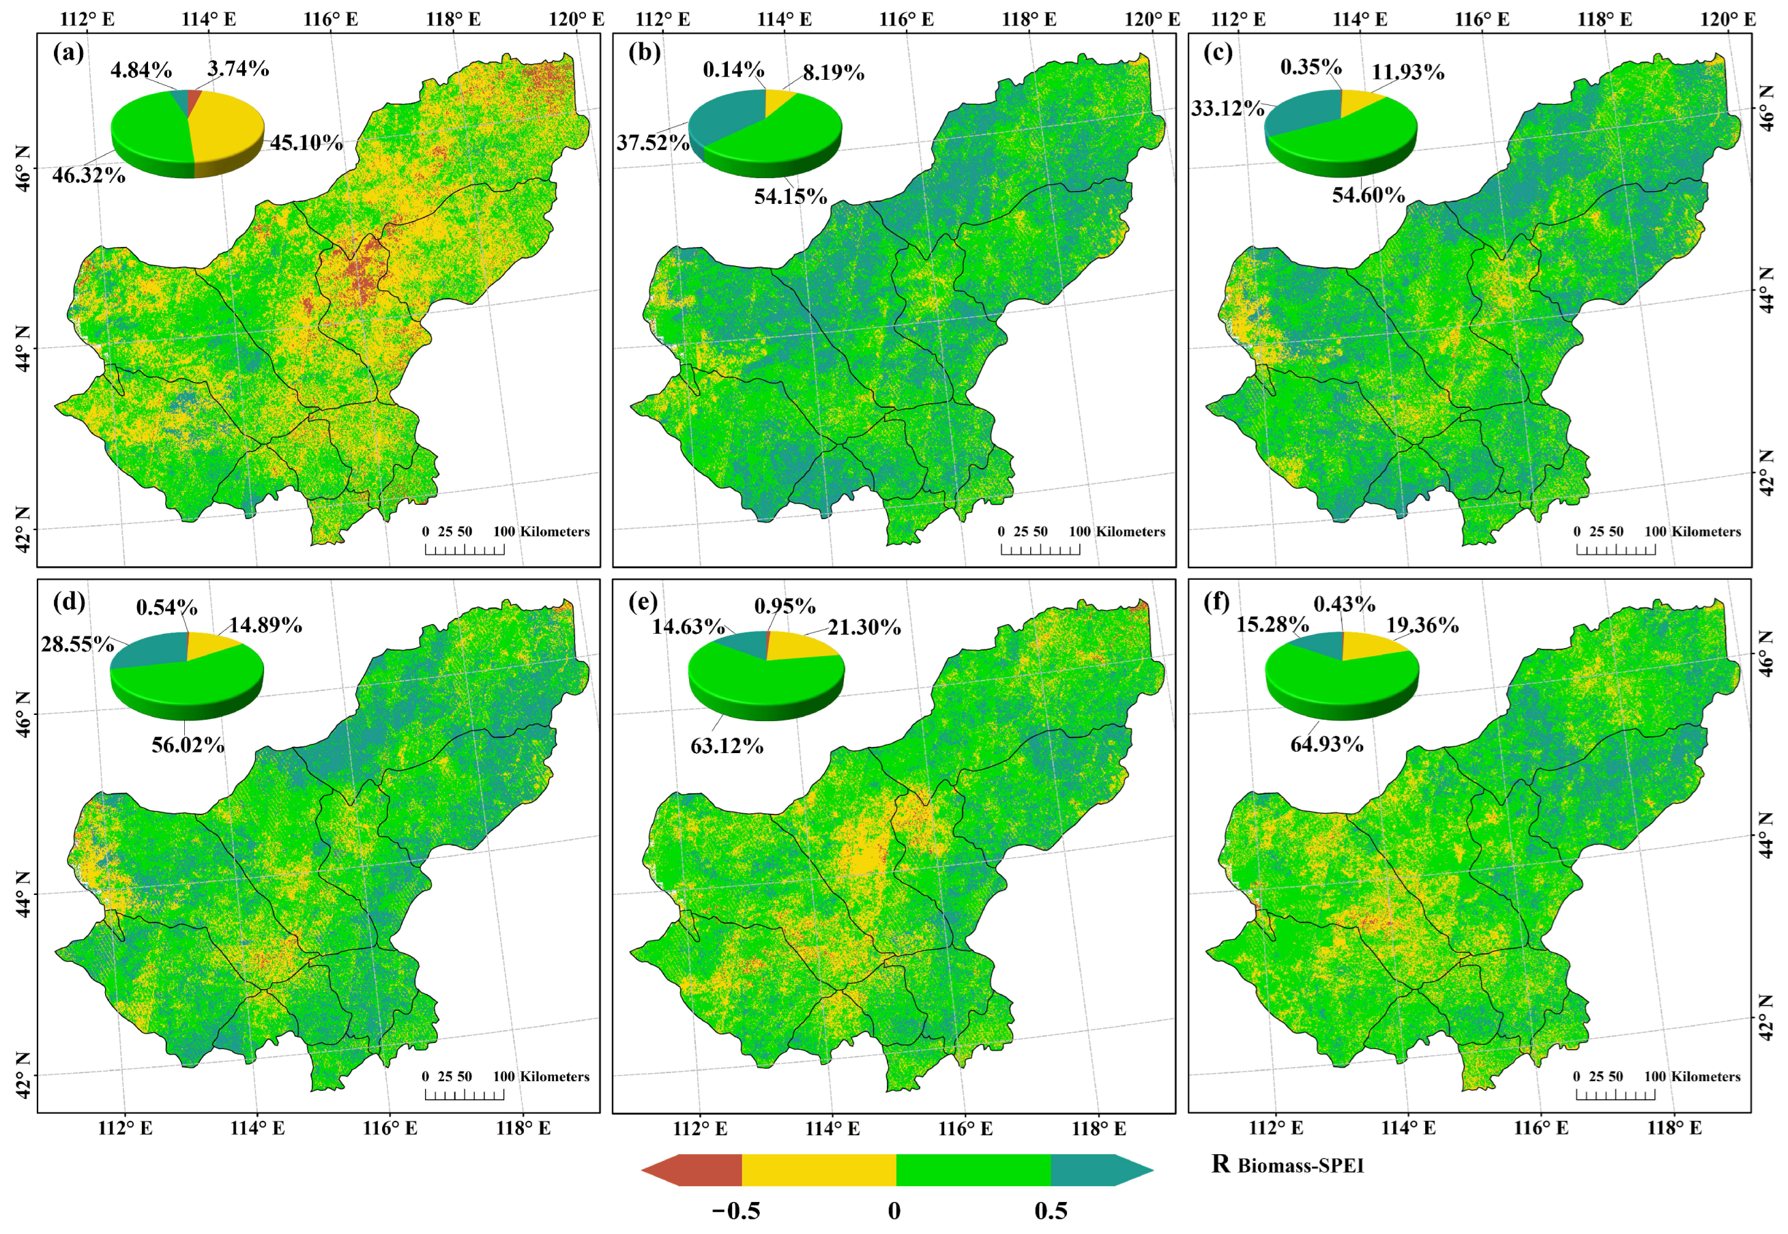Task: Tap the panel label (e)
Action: (x=644, y=601)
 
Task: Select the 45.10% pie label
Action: (x=306, y=143)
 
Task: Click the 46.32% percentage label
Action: (x=89, y=175)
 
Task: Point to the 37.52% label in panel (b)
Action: (x=652, y=143)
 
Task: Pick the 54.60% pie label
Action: (x=1368, y=195)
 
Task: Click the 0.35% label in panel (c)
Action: (x=1311, y=68)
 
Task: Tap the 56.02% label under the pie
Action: (x=188, y=746)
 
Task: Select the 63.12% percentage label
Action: (x=727, y=746)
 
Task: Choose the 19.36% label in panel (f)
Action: (x=1422, y=626)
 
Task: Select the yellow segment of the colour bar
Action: (x=819, y=1170)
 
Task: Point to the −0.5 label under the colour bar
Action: (x=735, y=1211)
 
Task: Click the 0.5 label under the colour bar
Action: (x=1051, y=1211)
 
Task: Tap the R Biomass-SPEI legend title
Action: (x=1287, y=1165)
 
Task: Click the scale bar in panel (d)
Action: (x=465, y=1093)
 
